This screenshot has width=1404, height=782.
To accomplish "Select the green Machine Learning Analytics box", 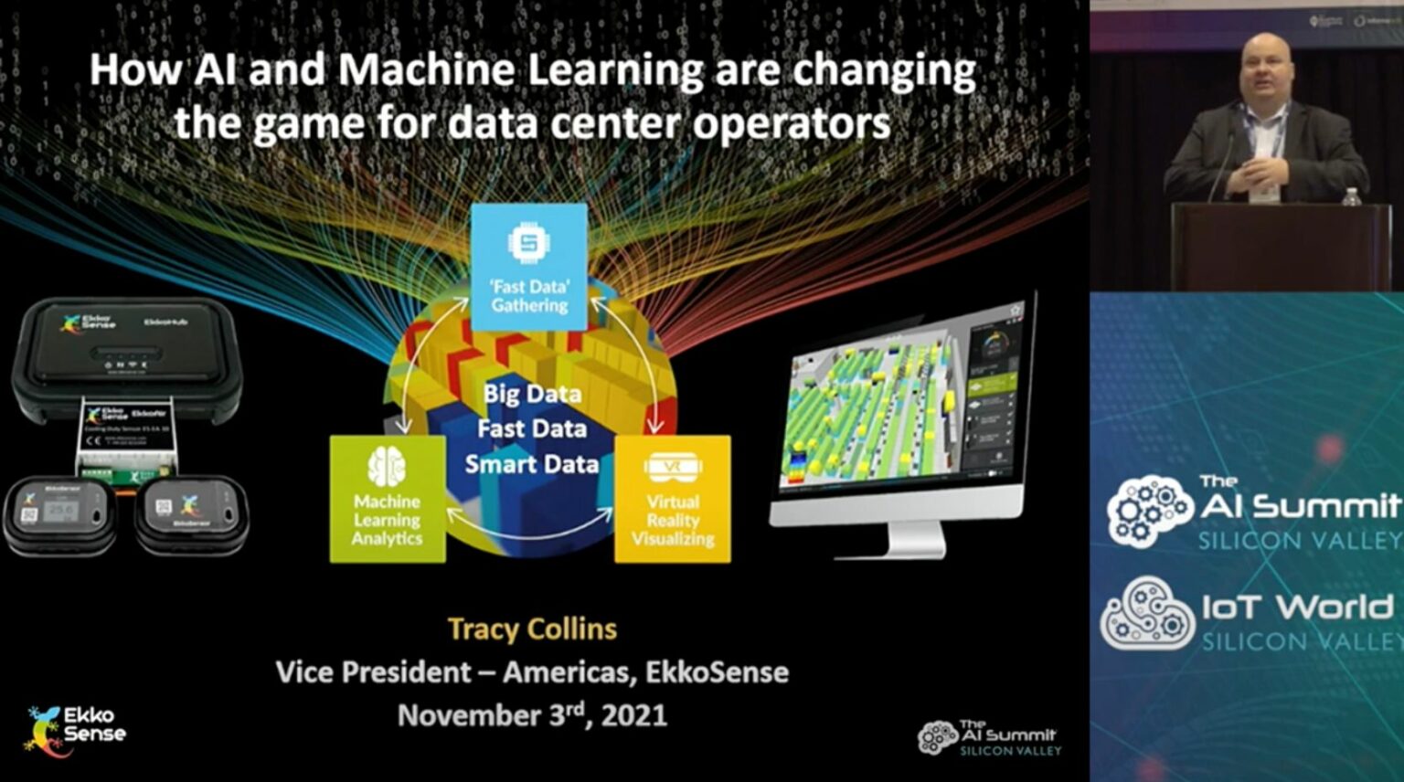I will pos(388,499).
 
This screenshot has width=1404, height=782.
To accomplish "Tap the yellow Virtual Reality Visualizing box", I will pos(673,499).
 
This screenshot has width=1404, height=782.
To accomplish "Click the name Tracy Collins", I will pos(532,629).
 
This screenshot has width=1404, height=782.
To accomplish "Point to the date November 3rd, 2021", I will pos(532,714).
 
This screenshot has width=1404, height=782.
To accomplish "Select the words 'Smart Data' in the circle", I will pos(532,464).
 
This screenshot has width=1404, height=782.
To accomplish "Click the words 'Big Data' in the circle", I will pos(532,394).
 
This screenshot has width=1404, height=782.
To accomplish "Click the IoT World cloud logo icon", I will pos(1147,613).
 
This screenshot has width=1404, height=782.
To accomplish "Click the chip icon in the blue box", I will pos(528,243).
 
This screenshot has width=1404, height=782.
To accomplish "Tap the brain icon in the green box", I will pos(387,467).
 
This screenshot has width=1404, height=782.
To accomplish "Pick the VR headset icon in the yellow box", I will pos(673,468).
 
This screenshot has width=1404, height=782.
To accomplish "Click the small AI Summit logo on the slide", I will pos(990,737).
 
